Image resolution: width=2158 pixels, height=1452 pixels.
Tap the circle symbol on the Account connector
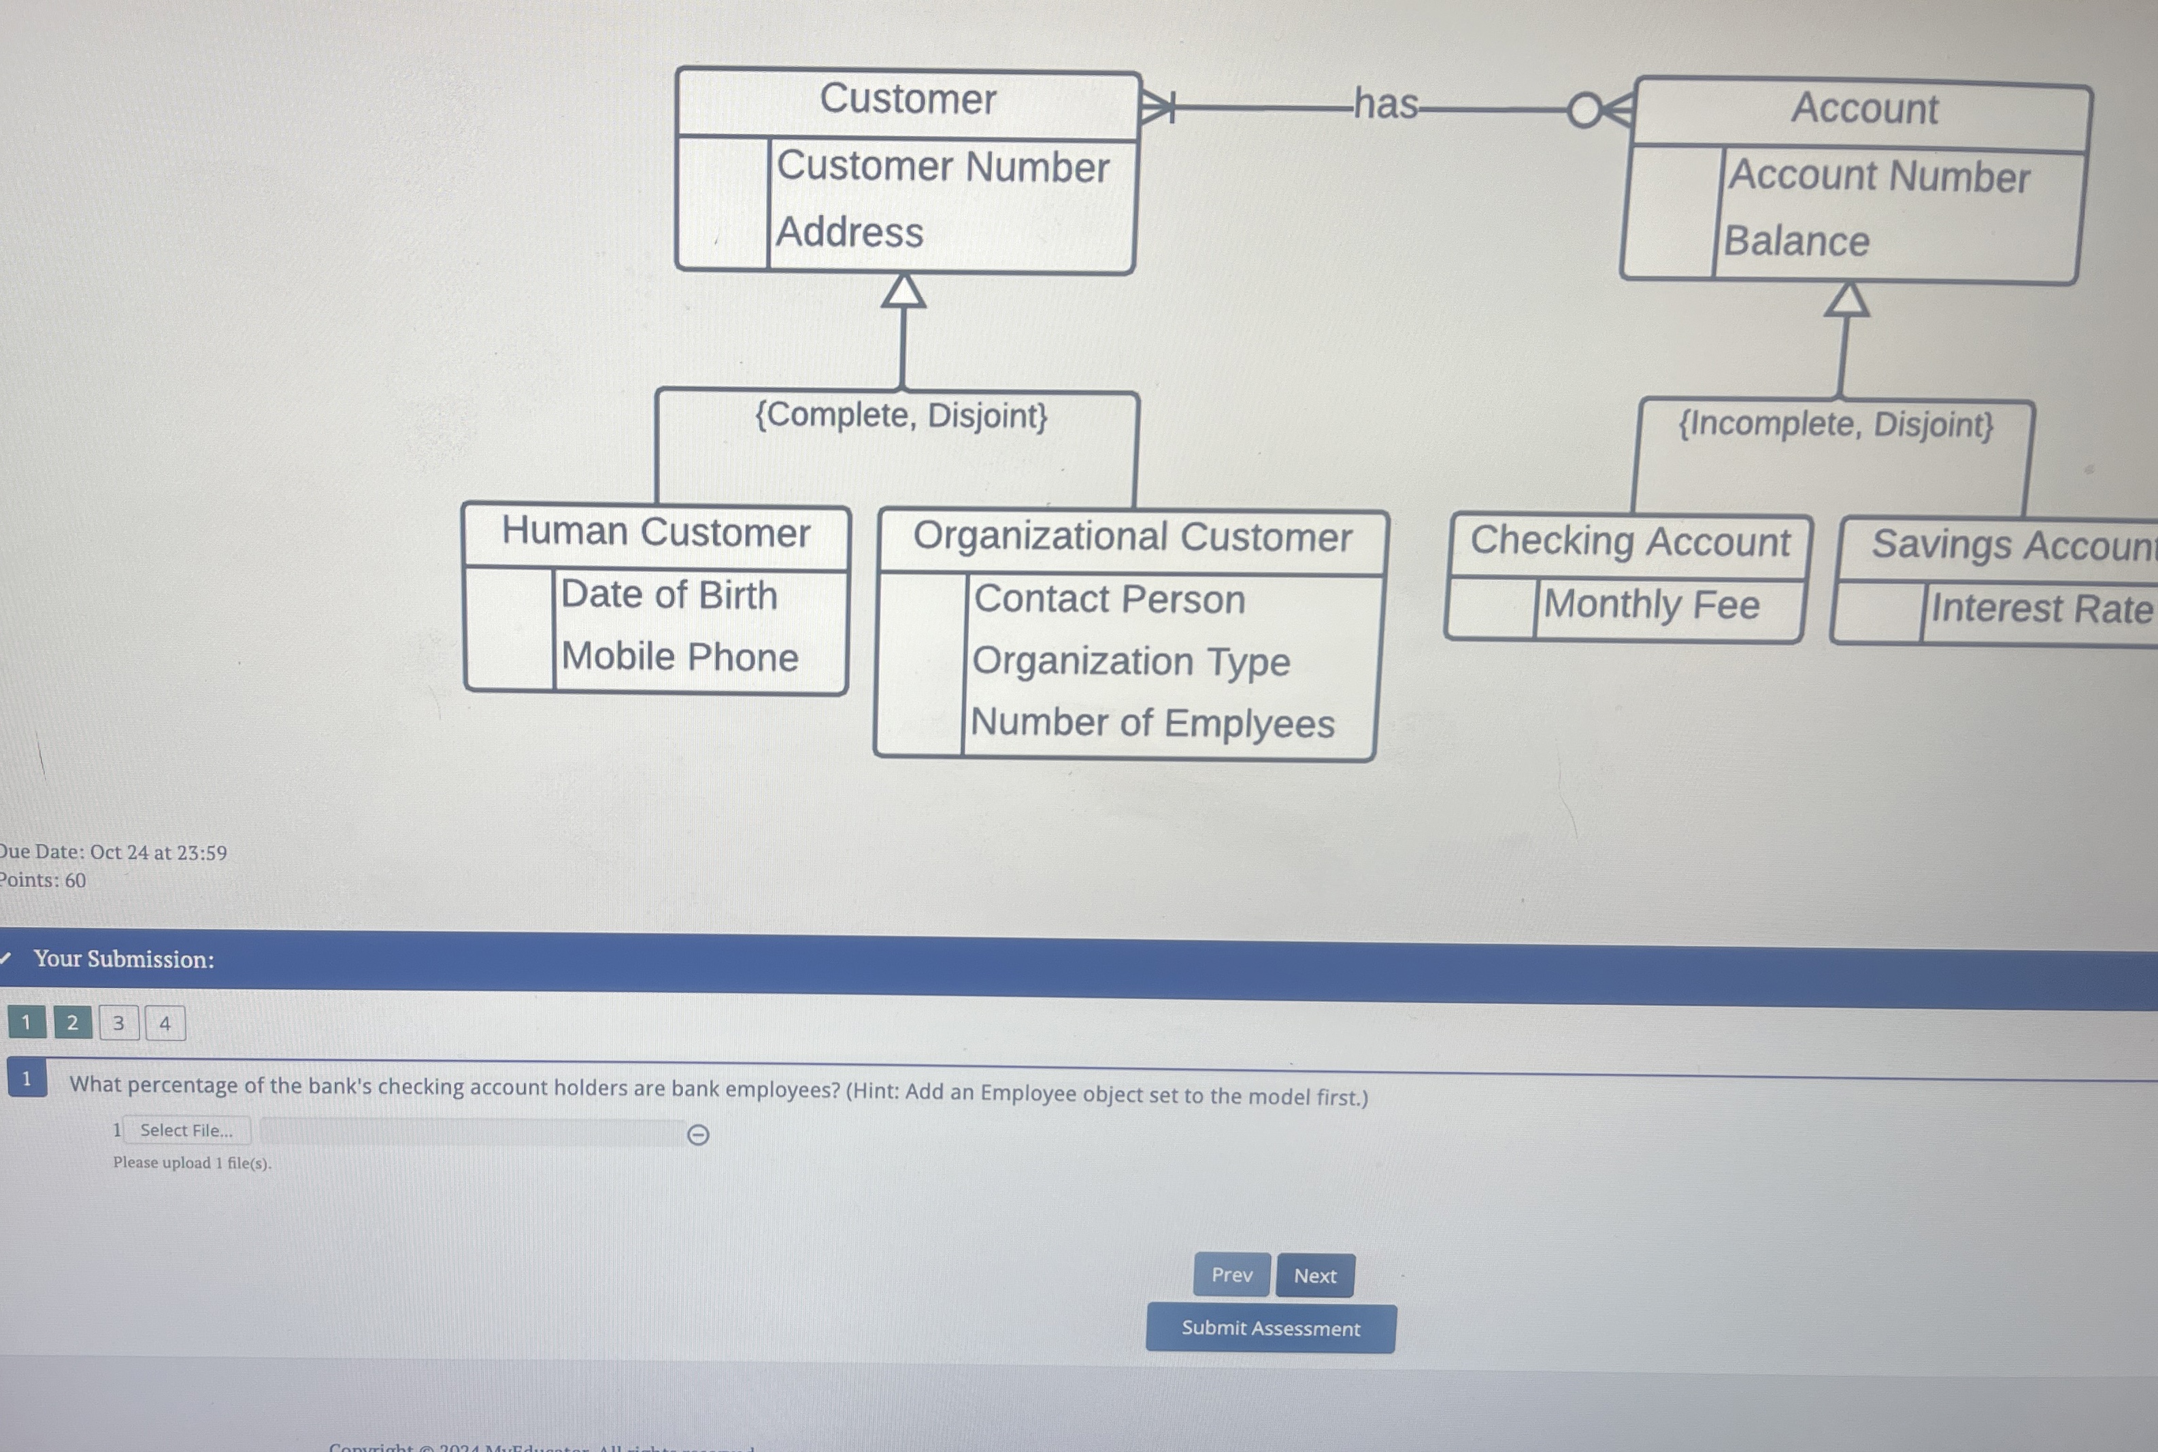[1584, 110]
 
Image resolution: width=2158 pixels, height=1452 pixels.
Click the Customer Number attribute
[942, 167]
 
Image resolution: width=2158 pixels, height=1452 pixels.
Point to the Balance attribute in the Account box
[1796, 241]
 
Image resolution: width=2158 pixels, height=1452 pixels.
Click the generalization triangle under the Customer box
[903, 291]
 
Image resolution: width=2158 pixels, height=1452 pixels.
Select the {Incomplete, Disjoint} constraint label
[1836, 424]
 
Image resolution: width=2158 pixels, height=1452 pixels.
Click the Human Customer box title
[656, 533]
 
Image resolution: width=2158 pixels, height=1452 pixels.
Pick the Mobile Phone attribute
[679, 656]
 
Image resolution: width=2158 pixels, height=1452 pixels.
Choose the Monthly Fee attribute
[1651, 605]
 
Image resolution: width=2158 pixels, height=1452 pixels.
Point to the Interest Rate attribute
[2041, 609]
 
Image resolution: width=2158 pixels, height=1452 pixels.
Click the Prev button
[1231, 1275]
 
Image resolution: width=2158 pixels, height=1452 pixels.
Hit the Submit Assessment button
[1269, 1328]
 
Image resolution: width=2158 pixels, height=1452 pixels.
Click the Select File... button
[186, 1130]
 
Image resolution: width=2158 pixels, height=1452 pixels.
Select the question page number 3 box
[118, 1024]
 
